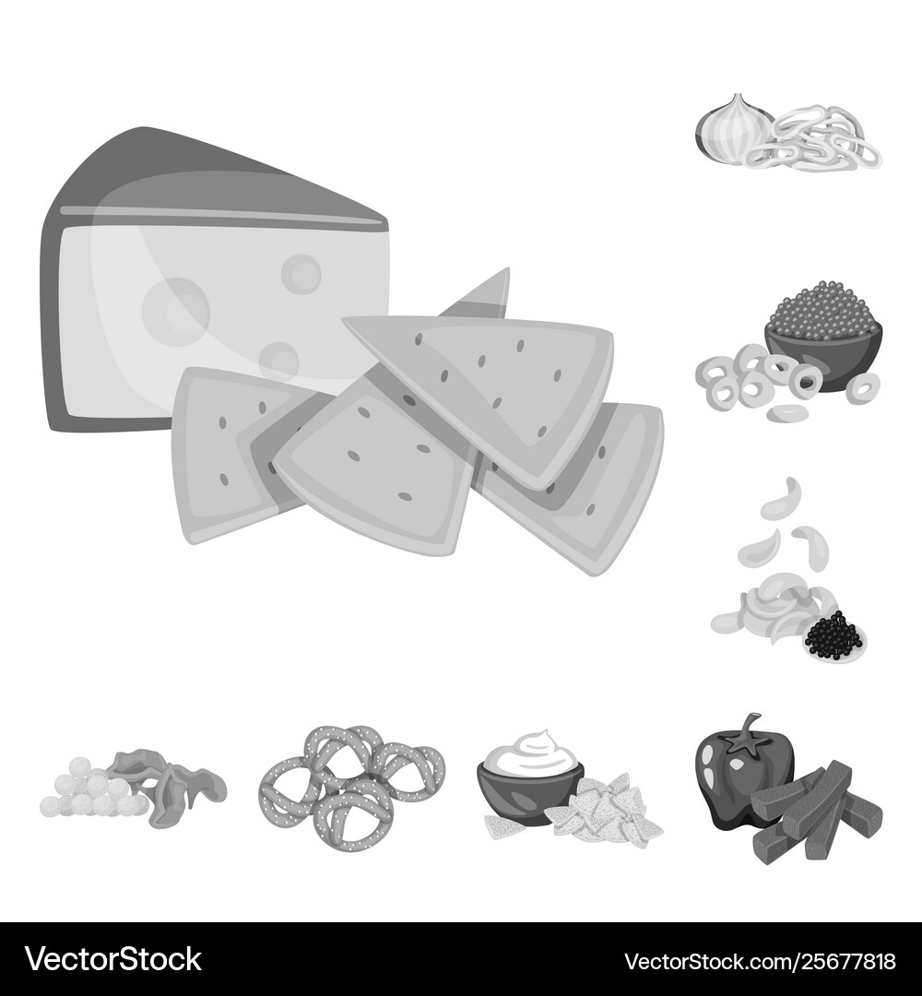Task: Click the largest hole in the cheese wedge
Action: pos(175,312)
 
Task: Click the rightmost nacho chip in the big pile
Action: pos(590,489)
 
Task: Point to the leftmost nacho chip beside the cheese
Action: pos(226,452)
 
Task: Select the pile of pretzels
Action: pos(350,779)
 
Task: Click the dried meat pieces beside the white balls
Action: pos(171,784)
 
